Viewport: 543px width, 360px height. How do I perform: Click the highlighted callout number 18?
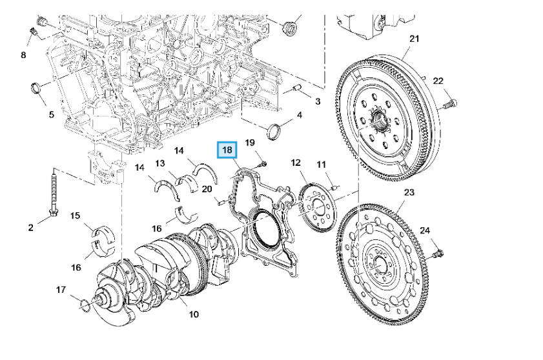[x=227, y=150]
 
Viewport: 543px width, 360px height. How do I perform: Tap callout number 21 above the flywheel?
[x=414, y=39]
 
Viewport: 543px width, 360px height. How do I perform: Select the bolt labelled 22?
[x=449, y=103]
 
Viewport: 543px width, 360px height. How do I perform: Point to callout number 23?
[x=409, y=192]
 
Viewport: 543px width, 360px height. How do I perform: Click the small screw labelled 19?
[x=263, y=164]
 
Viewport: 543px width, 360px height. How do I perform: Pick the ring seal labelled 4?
[x=274, y=132]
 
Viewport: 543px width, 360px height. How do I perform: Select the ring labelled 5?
[x=36, y=88]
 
